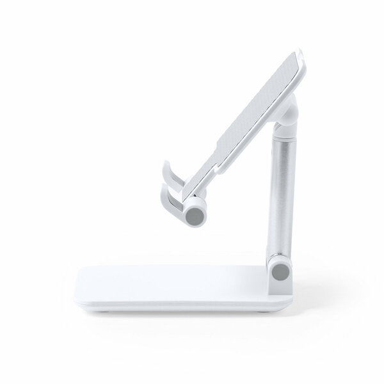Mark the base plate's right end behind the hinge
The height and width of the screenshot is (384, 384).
coord(301,285)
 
